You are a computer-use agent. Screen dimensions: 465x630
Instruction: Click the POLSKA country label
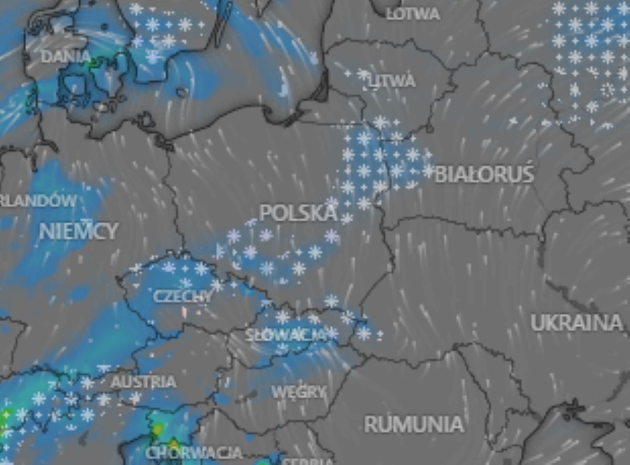tap(298, 213)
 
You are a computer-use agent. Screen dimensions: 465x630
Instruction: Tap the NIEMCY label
tap(79, 231)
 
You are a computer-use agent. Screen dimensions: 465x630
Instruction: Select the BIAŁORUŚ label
tap(484, 174)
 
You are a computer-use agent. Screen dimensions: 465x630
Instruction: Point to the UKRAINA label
tap(576, 323)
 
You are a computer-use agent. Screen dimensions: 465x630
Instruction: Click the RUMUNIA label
tap(414, 424)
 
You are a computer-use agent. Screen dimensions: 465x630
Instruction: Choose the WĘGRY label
tap(299, 391)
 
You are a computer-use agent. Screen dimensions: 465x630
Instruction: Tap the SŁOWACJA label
tap(285, 334)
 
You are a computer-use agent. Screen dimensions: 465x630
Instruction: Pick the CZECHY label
tap(183, 296)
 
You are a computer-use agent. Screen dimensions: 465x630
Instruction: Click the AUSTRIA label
tap(143, 381)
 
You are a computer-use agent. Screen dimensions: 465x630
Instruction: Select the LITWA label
tap(392, 81)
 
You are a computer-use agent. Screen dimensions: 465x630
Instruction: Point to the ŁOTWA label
tap(413, 14)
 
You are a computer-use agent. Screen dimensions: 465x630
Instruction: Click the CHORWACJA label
tap(194, 452)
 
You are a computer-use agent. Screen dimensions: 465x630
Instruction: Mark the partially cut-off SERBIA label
tap(308, 461)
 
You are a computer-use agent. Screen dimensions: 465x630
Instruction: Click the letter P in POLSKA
tap(266, 213)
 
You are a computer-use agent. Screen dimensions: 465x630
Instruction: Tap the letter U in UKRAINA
tap(537, 323)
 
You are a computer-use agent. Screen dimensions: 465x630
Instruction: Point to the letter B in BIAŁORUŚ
tap(440, 174)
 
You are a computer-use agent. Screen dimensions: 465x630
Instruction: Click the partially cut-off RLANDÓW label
tap(38, 200)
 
